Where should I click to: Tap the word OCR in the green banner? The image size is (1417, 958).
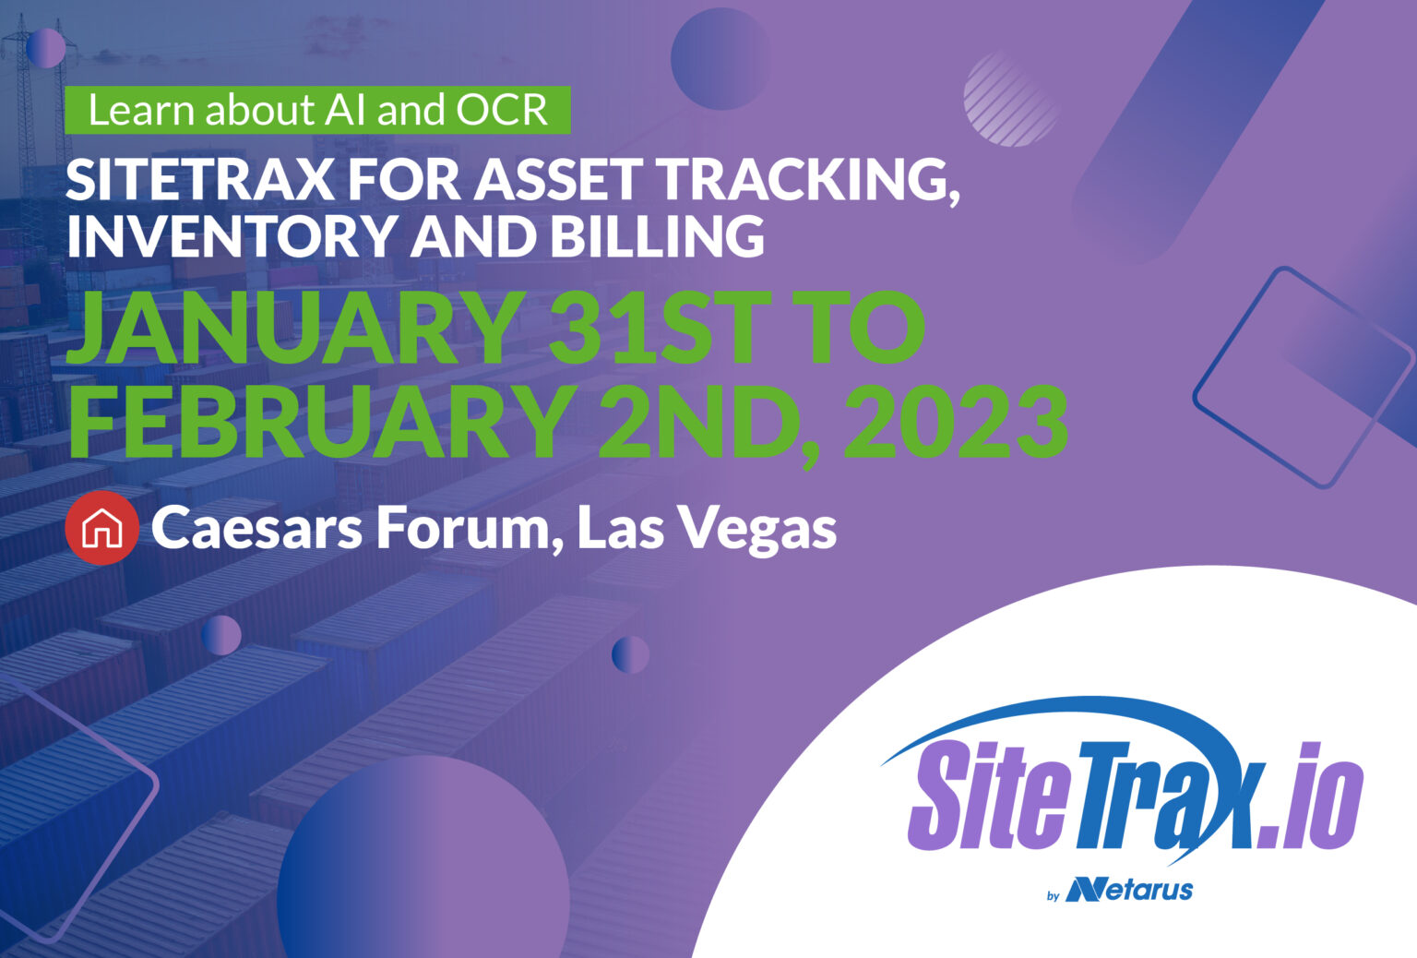[502, 111]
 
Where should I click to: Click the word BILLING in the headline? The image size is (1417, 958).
[657, 235]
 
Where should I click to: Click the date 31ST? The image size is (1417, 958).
[655, 329]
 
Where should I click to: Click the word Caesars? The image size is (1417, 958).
[256, 528]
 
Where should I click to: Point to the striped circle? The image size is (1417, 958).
[1010, 99]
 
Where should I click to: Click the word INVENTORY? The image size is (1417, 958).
[231, 235]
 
